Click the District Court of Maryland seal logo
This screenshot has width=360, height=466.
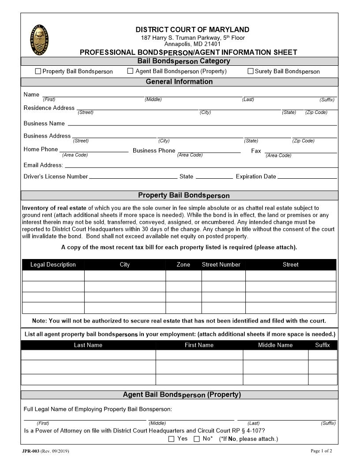coord(40,40)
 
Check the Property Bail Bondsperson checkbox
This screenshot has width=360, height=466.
coord(38,71)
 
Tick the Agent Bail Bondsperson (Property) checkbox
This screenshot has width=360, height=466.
coord(130,71)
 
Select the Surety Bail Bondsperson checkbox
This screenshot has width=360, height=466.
coord(251,71)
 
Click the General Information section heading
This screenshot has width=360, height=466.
coord(179,82)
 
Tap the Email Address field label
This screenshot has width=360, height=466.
coord(43,165)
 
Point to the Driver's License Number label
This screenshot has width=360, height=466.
coord(56,177)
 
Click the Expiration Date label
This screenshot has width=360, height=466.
coord(256,177)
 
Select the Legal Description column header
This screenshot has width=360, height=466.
coord(53,265)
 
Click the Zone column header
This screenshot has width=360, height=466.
coord(183,265)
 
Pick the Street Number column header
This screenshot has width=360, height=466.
coord(221,265)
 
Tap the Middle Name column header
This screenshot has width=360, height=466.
coord(275,345)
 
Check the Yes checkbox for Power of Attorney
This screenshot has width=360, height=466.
coord(172,439)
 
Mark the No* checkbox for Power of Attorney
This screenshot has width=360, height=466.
coord(197,439)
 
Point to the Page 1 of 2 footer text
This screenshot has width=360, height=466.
coord(321,451)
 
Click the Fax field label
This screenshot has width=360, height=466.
coord(256,151)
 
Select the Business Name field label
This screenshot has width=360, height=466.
coord(44,124)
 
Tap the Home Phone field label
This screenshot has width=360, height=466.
coord(41,150)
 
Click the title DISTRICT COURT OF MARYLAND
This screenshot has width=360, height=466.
coord(192,30)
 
